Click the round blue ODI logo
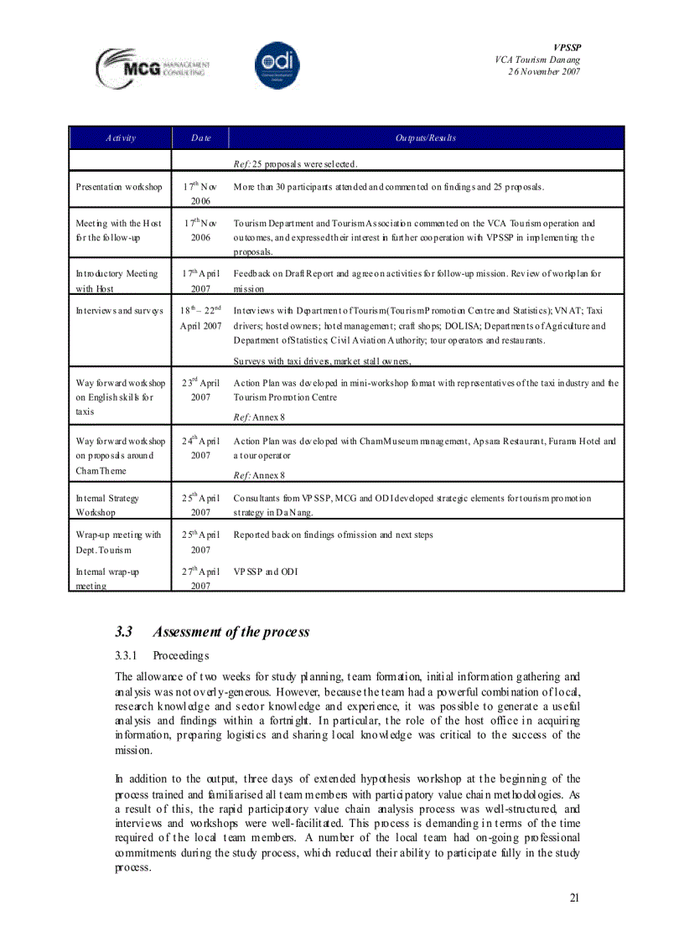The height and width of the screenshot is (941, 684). click(277, 65)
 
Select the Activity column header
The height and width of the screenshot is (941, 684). click(121, 137)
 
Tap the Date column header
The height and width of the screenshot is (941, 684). click(200, 137)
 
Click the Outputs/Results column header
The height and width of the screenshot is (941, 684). click(426, 137)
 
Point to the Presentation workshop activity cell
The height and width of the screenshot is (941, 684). click(119, 187)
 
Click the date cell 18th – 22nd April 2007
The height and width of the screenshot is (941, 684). click(200, 318)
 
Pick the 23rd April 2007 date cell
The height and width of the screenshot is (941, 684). click(200, 390)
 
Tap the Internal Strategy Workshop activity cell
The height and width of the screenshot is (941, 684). click(107, 504)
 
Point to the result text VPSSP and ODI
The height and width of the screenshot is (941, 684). click(266, 571)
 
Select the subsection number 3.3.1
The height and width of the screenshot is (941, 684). click(127, 654)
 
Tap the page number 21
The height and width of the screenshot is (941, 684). click(574, 898)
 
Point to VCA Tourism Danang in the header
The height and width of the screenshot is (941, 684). click(537, 59)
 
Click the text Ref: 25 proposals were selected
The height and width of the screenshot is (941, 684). click(296, 163)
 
